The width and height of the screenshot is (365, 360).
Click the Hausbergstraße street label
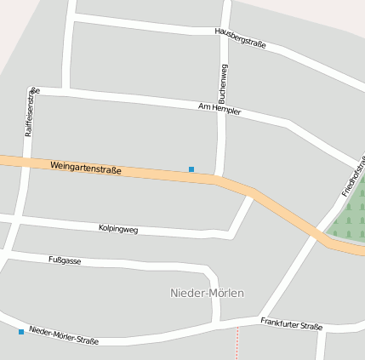tap(241, 37)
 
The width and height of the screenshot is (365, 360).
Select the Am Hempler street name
tap(220, 109)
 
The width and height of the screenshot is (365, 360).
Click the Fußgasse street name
tap(65, 260)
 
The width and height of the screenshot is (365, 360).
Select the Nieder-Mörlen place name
tap(208, 293)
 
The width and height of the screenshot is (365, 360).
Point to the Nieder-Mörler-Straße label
tap(64, 334)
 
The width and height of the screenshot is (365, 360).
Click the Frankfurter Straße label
tap(291, 324)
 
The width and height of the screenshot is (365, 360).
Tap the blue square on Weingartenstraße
tap(191, 169)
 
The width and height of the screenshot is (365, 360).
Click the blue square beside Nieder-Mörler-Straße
tap(21, 331)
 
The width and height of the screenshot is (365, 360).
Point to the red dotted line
tap(237, 344)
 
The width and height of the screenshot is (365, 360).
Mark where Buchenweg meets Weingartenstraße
tap(219, 178)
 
